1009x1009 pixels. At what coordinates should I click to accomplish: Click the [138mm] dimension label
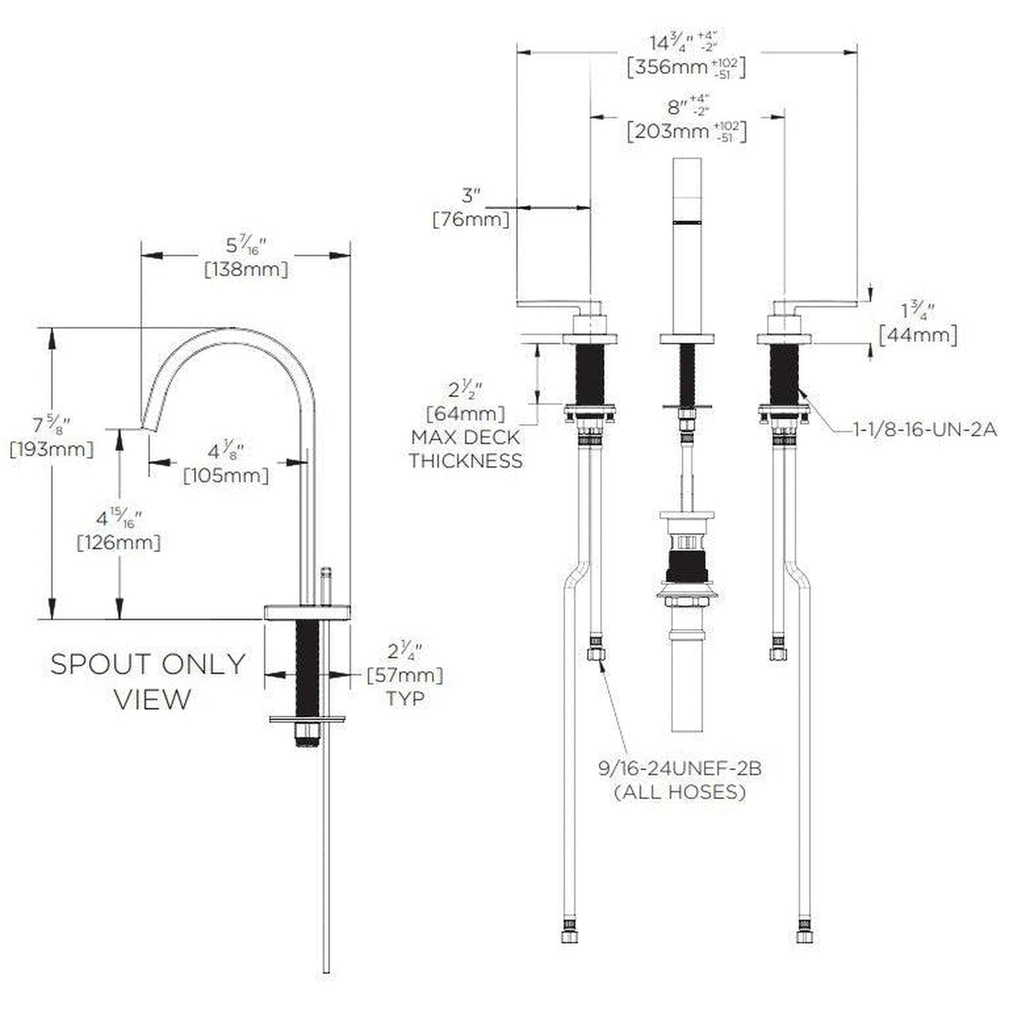[x=246, y=270]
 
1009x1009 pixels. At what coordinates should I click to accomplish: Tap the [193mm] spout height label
[x=52, y=449]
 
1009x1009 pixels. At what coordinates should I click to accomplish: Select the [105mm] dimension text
[x=226, y=476]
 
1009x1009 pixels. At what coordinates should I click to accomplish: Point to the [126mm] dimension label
[x=119, y=542]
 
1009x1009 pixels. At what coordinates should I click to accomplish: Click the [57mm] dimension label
[x=405, y=675]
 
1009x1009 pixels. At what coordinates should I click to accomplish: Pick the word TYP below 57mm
[x=405, y=698]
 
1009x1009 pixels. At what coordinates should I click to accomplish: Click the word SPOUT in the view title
[x=101, y=665]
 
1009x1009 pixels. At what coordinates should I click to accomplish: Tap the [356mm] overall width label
[x=686, y=68]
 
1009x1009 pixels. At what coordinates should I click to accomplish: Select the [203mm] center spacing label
[x=686, y=131]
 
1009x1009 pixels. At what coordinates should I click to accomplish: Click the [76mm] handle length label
[x=471, y=219]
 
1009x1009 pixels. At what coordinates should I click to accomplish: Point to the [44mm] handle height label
[x=918, y=335]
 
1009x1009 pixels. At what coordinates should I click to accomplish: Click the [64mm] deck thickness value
[x=466, y=413]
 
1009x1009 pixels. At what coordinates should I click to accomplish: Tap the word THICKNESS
[x=466, y=461]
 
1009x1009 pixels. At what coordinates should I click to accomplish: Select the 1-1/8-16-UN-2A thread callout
[x=925, y=430]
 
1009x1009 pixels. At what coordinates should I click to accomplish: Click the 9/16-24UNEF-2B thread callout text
[x=679, y=769]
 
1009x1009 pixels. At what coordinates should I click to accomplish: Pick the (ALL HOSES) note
[x=679, y=793]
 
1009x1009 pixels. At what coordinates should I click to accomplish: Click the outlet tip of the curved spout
[x=148, y=428]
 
